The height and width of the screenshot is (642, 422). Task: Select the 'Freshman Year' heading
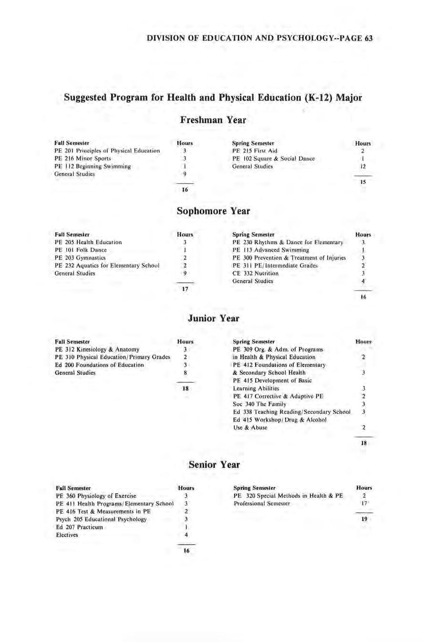(x=213, y=121)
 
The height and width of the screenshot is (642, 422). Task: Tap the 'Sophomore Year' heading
(x=213, y=210)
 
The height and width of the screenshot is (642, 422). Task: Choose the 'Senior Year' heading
(x=213, y=464)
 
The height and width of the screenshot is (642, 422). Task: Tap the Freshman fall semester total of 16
(x=185, y=189)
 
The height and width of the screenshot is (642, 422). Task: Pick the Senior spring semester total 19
(x=364, y=521)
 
